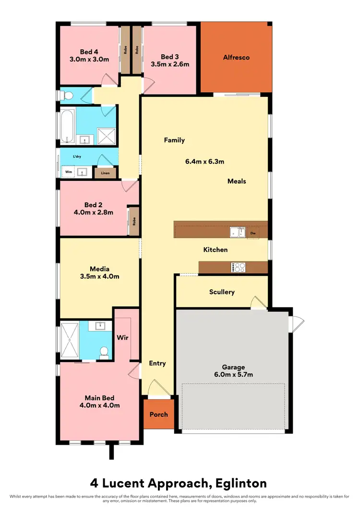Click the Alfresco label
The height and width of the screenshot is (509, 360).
click(236, 58)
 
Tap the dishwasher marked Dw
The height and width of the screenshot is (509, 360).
click(252, 233)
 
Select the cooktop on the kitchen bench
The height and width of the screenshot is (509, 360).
click(238, 267)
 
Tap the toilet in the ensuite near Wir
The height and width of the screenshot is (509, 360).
click(102, 353)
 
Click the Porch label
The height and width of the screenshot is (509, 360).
click(158, 414)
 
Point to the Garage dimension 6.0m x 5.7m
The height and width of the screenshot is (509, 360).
click(233, 376)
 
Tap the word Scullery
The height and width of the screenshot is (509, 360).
click(222, 292)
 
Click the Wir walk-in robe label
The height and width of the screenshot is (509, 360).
click(122, 337)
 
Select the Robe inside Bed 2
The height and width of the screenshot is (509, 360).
click(134, 222)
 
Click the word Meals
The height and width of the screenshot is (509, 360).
click(237, 181)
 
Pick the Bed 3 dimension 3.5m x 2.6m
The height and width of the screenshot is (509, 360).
click(170, 64)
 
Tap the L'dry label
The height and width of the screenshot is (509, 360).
click(77, 157)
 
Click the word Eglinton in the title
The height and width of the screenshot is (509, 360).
click(234, 482)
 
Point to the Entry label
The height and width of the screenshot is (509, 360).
click(157, 363)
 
